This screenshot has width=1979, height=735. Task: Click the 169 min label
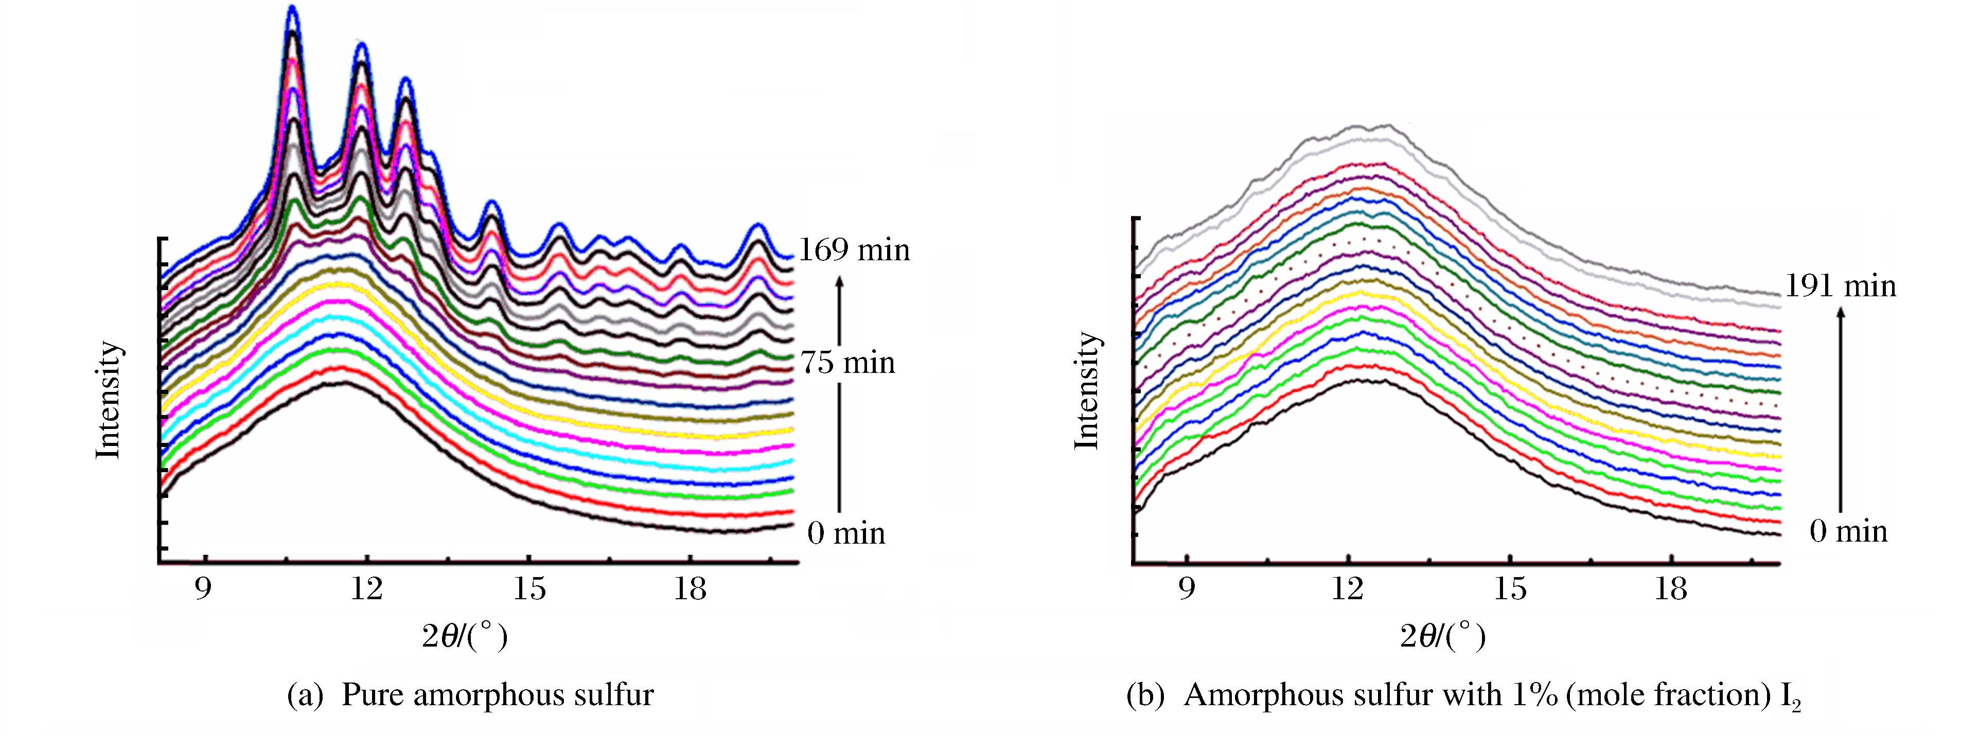coord(854,250)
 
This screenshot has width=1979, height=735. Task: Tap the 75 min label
coord(847,363)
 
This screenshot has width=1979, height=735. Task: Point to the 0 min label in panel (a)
coord(846,533)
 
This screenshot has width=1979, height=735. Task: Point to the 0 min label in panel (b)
coord(1848,531)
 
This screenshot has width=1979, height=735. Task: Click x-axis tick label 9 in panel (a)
coord(203,588)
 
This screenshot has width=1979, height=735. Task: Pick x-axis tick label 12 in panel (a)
coord(366,588)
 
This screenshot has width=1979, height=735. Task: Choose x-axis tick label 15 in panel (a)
coord(529,588)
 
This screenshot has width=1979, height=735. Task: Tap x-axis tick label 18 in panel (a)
coord(690,588)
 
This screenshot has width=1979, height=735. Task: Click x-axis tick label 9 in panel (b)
coord(1187,588)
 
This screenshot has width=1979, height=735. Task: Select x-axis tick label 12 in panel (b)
coord(1348,588)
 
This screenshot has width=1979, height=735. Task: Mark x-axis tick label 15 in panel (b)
coord(1510,588)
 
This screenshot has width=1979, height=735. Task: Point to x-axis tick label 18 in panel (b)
coord(1671,588)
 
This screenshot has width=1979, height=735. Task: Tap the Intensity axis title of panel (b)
coord(1086,390)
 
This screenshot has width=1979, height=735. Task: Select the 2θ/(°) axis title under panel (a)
coord(465,636)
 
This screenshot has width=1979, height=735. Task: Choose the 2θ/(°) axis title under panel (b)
coord(1443,636)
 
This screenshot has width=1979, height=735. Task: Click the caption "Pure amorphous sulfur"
coord(497,694)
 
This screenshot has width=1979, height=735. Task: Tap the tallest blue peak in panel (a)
coord(292,9)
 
